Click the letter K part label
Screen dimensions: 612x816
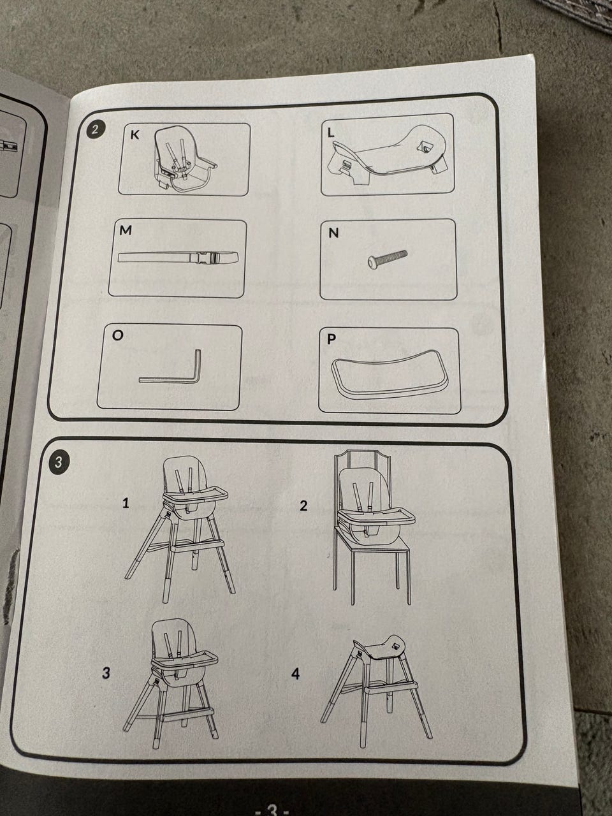[135, 135]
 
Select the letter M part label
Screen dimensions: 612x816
[125, 231]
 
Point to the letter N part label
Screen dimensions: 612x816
[333, 233]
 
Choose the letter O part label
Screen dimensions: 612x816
[117, 335]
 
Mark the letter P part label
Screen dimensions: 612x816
[331, 339]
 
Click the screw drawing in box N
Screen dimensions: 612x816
[387, 258]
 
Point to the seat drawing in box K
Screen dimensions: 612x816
[184, 160]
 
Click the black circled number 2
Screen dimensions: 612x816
[96, 130]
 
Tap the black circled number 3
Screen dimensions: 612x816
[58, 463]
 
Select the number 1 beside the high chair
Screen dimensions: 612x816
[126, 504]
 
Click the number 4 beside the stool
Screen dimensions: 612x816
[295, 673]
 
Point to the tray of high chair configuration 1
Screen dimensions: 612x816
[196, 495]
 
